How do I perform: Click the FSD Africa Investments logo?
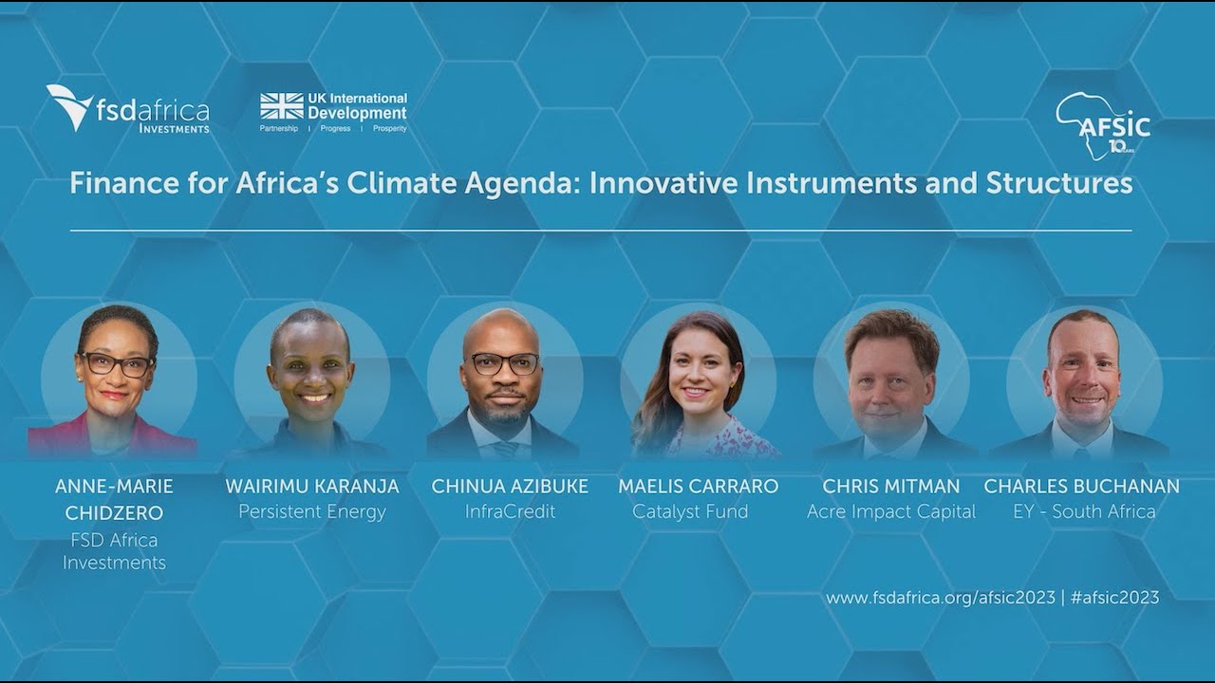click(x=128, y=108)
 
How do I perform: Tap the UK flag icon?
click(x=282, y=106)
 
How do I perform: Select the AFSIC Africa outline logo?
click(x=1102, y=124)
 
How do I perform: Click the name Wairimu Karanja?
click(x=311, y=487)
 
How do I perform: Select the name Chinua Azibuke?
click(x=510, y=487)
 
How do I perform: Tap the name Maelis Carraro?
click(x=698, y=487)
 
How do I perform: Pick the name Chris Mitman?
click(x=890, y=487)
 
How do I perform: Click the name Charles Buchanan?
click(x=1081, y=487)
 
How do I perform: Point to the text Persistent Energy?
click(x=311, y=512)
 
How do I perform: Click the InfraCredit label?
click(x=510, y=512)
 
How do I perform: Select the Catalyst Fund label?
click(x=690, y=512)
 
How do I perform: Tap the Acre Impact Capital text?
click(x=890, y=512)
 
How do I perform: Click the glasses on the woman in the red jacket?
click(x=116, y=363)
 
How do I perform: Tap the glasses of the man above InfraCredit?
click(x=504, y=363)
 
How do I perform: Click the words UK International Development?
click(x=357, y=106)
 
